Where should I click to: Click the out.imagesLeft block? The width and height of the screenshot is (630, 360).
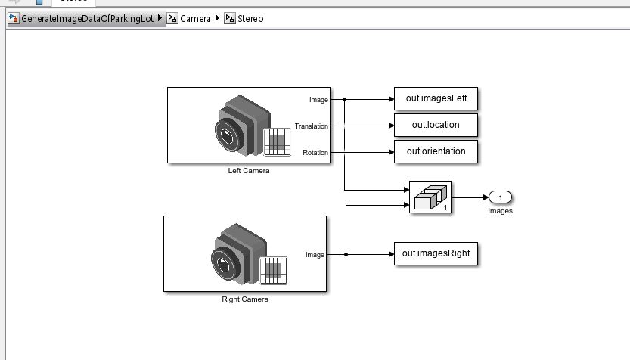pyautogui.click(x=436, y=98)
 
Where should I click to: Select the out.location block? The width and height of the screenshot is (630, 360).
pyautogui.click(x=436, y=125)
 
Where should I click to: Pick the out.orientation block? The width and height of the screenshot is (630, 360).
pyautogui.click(x=436, y=151)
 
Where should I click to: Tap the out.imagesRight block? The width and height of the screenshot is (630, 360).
pyautogui.click(x=436, y=254)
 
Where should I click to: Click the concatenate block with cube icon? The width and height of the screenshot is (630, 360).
pyautogui.click(x=430, y=197)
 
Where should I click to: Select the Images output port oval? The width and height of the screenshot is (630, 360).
pyautogui.click(x=500, y=197)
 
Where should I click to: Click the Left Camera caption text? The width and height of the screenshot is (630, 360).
pyautogui.click(x=248, y=170)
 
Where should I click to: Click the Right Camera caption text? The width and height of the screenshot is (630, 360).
pyautogui.click(x=244, y=299)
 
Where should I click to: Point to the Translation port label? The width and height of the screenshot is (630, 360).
pyautogui.click(x=311, y=126)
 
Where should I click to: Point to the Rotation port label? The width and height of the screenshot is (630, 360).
pyautogui.click(x=315, y=152)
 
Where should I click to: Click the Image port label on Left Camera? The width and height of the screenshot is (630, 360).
pyautogui.click(x=318, y=99)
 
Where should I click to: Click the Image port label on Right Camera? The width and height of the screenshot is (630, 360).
pyautogui.click(x=315, y=255)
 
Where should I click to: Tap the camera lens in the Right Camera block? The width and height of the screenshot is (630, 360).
pyautogui.click(x=225, y=265)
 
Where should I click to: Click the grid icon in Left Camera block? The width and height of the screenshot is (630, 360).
pyautogui.click(x=277, y=142)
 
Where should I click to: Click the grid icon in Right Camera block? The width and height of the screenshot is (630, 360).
pyautogui.click(x=273, y=271)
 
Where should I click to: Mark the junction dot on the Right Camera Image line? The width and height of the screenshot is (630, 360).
pyautogui.click(x=346, y=255)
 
